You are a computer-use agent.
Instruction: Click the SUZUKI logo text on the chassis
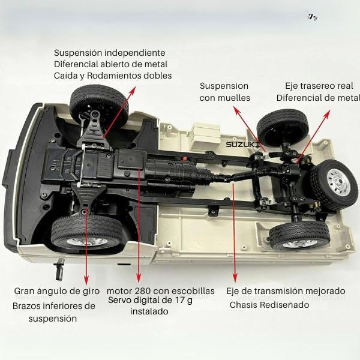point(242,144)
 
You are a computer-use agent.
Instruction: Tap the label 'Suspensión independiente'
point(109,53)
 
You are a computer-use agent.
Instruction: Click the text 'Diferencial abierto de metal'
point(110,64)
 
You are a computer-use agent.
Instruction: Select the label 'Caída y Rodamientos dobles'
point(112,76)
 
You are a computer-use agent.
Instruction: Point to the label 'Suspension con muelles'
point(224,92)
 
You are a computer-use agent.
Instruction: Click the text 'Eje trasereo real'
point(318,86)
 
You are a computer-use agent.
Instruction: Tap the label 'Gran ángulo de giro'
point(56,291)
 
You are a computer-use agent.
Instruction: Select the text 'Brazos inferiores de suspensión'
point(54,312)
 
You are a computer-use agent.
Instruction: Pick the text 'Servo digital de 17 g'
point(151,301)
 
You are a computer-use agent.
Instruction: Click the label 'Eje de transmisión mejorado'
point(286,291)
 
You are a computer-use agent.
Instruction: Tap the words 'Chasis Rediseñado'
point(269,305)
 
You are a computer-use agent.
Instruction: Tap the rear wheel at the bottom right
point(299,236)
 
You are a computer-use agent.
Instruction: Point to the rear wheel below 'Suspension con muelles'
point(282,127)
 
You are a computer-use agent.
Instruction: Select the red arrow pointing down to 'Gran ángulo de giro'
point(87,252)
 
